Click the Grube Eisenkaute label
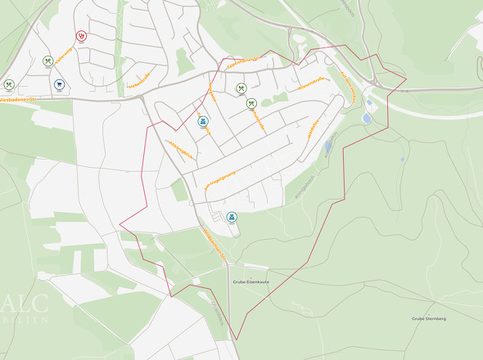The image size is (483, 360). pos(251,281)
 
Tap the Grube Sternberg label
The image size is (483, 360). pos(429,317)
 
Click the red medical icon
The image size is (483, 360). pos(81,36)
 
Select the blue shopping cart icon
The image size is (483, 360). pos(60,84)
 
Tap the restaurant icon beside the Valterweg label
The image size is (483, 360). pos(251,102)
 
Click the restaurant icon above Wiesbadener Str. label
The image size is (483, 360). pos(9,83)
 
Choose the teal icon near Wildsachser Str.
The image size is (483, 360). pos(232,216)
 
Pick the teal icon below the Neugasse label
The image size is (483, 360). pos(203,121)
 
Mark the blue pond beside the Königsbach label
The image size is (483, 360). pos(329,147)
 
